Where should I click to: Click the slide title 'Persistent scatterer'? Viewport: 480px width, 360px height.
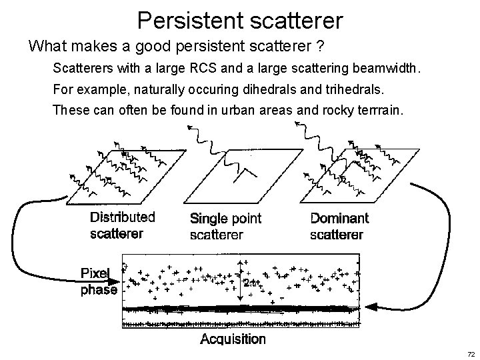pyautogui.click(x=240, y=19)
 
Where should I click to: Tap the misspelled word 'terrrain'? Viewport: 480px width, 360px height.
pyautogui.click(x=379, y=109)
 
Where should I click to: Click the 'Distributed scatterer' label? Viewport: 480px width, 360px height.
pyautogui.click(x=123, y=225)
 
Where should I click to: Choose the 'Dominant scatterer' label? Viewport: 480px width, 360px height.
pyautogui.click(x=339, y=226)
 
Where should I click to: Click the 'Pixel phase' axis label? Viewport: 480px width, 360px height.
pyautogui.click(x=99, y=282)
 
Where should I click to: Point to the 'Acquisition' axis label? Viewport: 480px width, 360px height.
pyautogui.click(x=233, y=339)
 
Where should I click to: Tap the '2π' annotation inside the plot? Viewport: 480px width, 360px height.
pyautogui.click(x=249, y=283)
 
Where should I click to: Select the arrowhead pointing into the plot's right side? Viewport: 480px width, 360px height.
pyautogui.click(x=373, y=306)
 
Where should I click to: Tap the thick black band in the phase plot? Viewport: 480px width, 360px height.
pyautogui.click(x=240, y=309)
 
